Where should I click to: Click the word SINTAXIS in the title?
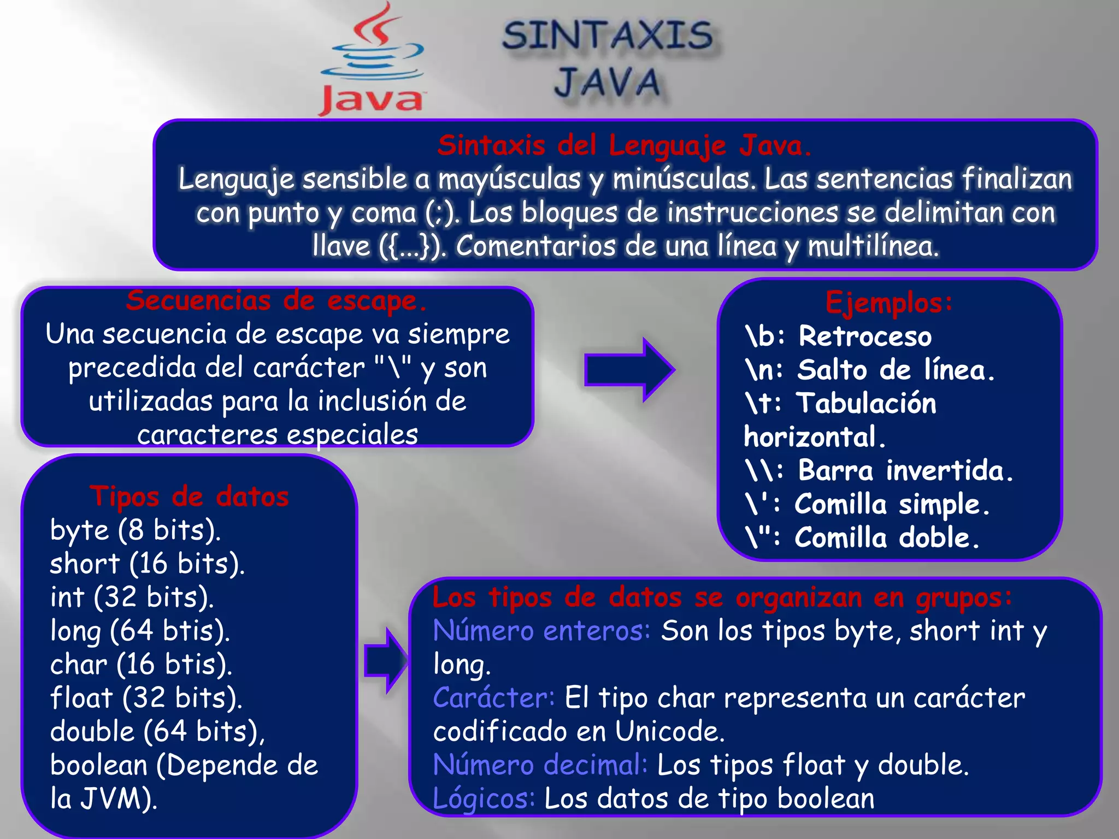[x=607, y=36]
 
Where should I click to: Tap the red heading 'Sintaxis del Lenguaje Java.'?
[x=625, y=146]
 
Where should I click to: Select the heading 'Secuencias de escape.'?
[x=276, y=301]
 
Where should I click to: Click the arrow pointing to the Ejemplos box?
[x=629, y=370]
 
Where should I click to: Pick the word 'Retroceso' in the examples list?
[x=865, y=336]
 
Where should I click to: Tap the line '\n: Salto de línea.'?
[x=869, y=370]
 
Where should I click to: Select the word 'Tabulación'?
[x=866, y=403]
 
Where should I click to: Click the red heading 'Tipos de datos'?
[x=189, y=497]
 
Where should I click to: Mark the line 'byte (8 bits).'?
[x=136, y=530]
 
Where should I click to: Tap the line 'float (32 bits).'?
[x=146, y=698]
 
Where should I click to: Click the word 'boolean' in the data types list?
[x=99, y=765]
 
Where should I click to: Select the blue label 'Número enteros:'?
[x=541, y=631]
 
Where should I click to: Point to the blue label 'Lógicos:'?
[x=484, y=799]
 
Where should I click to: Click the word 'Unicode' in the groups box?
[x=669, y=731]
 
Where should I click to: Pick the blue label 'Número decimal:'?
[x=540, y=765]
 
